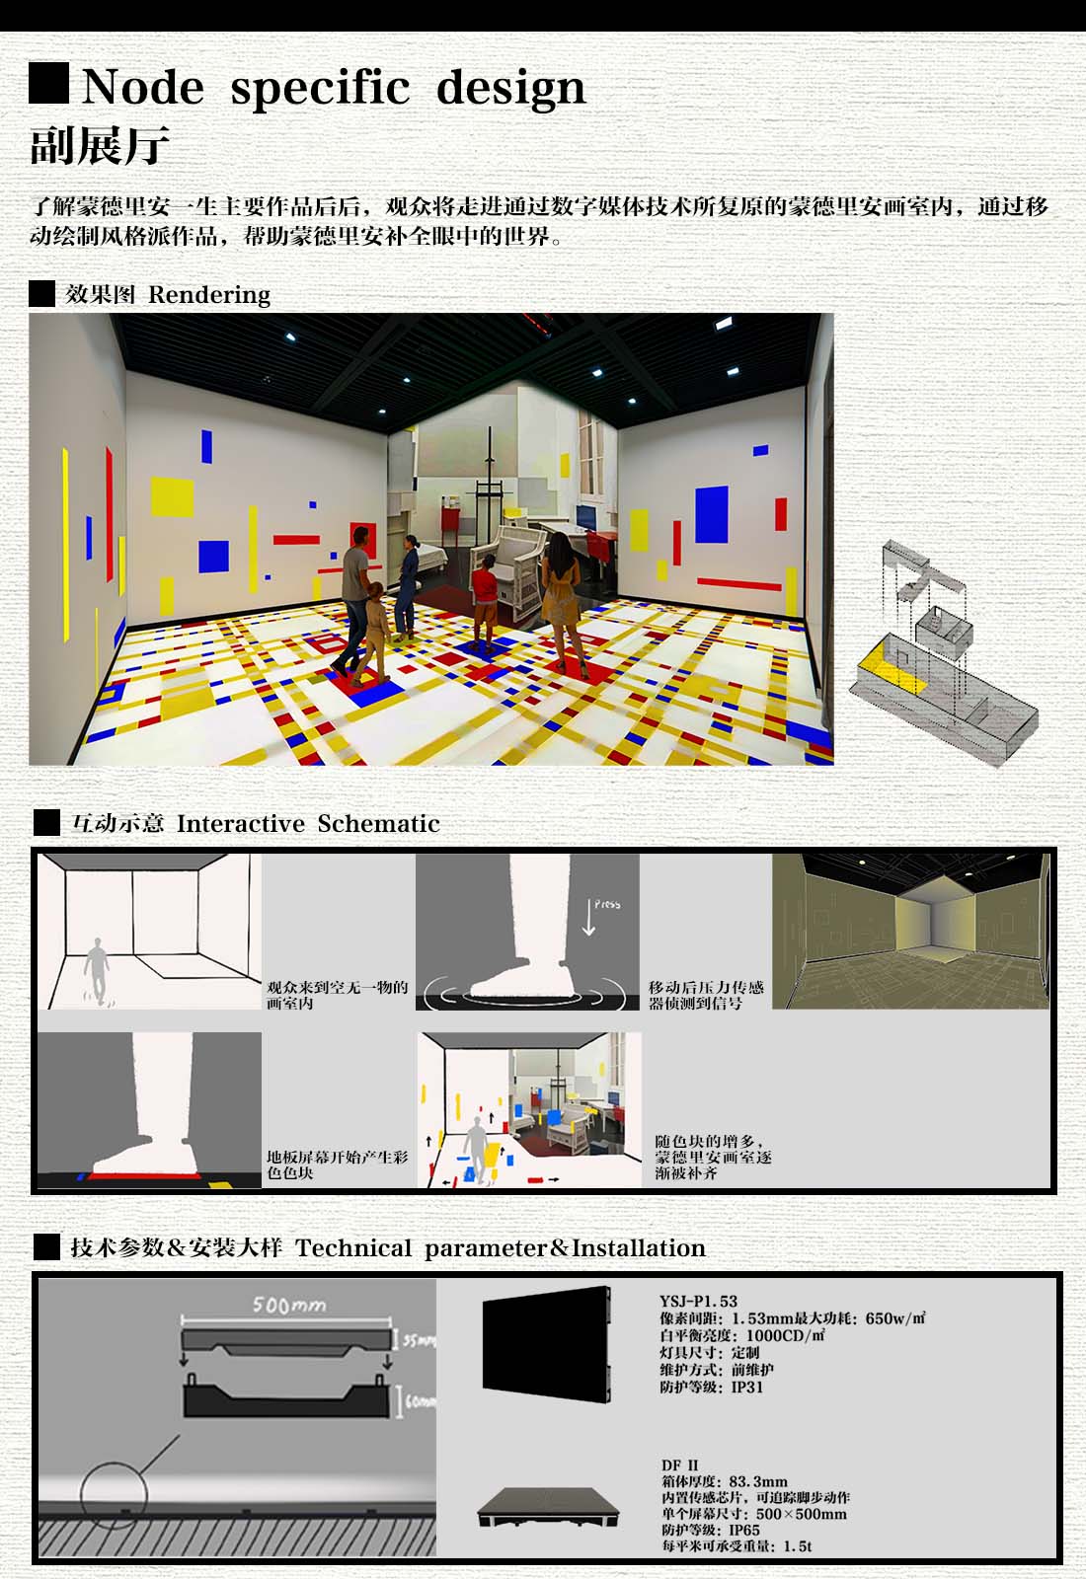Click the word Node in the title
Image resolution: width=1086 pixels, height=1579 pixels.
pos(143,88)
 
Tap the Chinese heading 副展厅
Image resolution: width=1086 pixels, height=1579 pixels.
pos(100,146)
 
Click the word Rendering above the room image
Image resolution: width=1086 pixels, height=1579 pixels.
pos(208,295)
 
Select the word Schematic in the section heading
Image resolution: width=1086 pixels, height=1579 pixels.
pos(378,823)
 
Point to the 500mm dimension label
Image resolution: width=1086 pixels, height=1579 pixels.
pos(289,1306)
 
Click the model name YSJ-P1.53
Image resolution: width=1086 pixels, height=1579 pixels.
pos(698,1302)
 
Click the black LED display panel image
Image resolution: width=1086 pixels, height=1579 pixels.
pos(547,1344)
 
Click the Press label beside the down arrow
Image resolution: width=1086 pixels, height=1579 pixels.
pos(607,904)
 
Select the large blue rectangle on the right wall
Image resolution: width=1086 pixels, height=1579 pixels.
pos(712,514)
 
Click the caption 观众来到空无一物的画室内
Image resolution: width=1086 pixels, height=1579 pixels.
pos(337,995)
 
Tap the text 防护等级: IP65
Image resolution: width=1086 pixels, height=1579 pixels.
pos(711,1531)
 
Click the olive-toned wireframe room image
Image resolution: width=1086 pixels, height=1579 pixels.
pos(910,932)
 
